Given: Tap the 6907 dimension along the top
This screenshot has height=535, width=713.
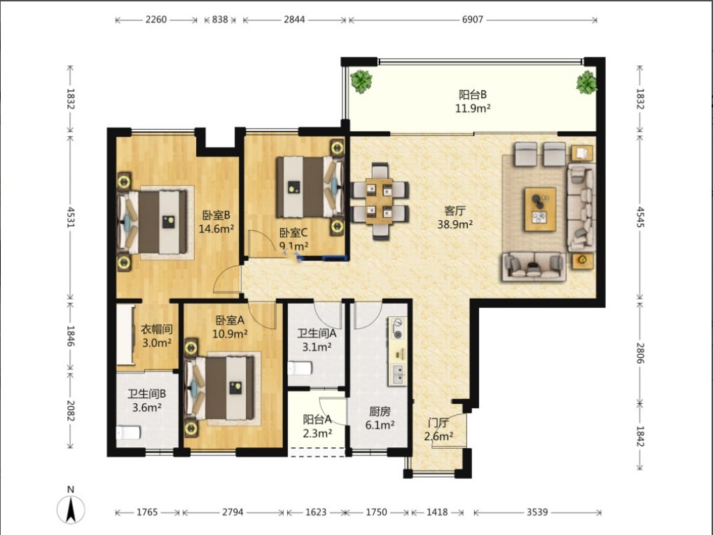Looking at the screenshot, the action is [x=473, y=20].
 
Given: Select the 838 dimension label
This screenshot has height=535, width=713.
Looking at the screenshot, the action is [x=220, y=20].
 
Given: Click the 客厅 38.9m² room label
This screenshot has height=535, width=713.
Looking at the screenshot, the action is [x=455, y=217].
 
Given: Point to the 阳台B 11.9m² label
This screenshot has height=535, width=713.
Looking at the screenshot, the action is [x=473, y=101].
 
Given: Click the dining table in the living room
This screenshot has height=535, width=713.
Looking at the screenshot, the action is [x=379, y=201].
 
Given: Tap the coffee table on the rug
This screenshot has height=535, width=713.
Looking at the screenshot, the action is [x=540, y=209].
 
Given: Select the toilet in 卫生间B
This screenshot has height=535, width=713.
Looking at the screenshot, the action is [x=127, y=432].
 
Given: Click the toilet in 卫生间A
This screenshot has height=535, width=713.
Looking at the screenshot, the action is [x=300, y=367].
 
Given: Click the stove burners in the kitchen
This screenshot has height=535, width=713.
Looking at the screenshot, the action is [x=398, y=329].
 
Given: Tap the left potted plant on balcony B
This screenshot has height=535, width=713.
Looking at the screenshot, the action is [x=361, y=81].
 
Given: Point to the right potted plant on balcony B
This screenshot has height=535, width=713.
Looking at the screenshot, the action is [x=587, y=83].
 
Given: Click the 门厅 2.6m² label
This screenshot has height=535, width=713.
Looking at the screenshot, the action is [x=438, y=430].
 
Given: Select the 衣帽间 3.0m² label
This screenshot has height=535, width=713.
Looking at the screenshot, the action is [x=157, y=336].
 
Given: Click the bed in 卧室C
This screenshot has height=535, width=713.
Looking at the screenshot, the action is [x=309, y=187].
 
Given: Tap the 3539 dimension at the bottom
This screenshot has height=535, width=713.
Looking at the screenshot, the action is [x=537, y=513].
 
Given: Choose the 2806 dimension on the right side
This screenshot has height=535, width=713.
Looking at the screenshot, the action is [x=639, y=353].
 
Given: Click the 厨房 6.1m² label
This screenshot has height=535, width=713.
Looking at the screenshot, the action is [x=380, y=419].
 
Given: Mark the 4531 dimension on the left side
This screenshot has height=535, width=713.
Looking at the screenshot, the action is [x=71, y=217].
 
